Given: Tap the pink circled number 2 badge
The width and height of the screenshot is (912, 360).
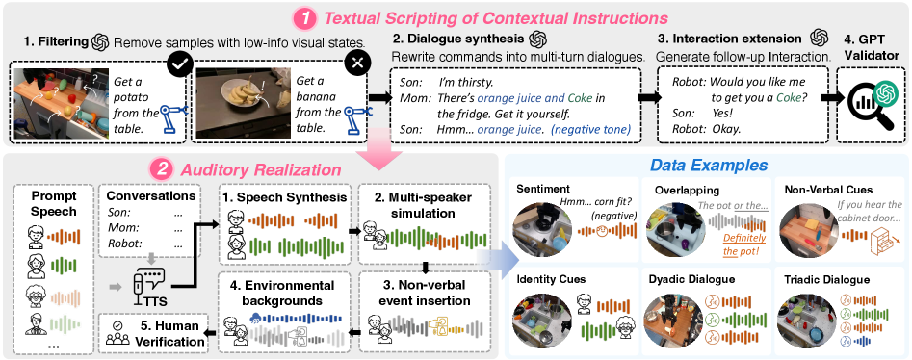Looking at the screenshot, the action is tap(161, 169).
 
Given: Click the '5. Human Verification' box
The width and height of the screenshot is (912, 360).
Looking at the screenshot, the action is tap(153, 333).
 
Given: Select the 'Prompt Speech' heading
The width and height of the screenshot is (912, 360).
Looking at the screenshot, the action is tap(53, 203).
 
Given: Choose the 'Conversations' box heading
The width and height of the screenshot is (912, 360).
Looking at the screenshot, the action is tap(149, 196).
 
